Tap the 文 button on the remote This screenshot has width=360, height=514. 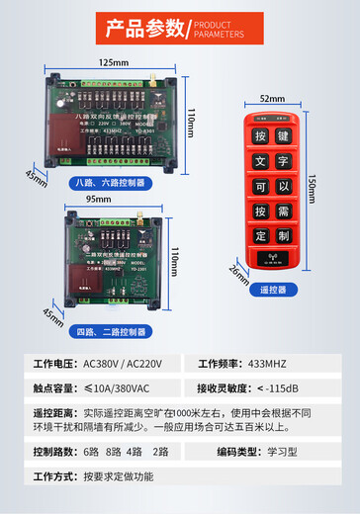coord(260,160)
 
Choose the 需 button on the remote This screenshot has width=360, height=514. coord(283,212)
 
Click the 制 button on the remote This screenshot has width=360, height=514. coord(283,237)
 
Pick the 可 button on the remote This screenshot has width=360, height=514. coord(260,186)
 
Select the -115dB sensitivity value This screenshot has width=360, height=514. coord(289,386)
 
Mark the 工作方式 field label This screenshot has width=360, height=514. coord(54,475)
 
